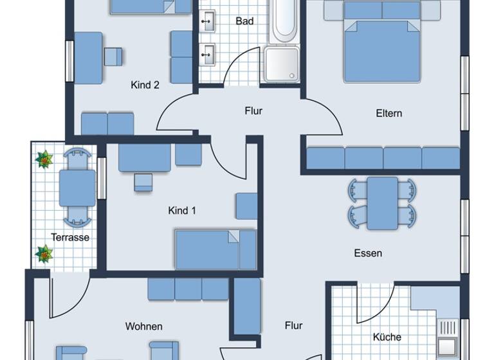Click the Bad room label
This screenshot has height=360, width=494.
[x=244, y=21]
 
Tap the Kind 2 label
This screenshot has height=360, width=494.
[x=145, y=85]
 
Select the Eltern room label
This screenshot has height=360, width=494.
[x=389, y=113]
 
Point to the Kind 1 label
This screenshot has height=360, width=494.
[x=181, y=210]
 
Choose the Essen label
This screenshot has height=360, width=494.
[x=368, y=253]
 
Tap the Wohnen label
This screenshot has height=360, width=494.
[x=143, y=326]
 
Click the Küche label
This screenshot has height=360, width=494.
[x=387, y=337]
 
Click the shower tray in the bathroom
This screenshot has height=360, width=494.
[x=280, y=64]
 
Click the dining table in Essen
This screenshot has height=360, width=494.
[x=382, y=203]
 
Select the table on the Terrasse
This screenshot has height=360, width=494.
[x=77, y=188]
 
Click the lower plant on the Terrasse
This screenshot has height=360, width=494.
[x=44, y=254]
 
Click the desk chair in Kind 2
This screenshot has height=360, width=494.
[x=113, y=56]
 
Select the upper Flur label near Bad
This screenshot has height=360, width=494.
[x=253, y=111]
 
